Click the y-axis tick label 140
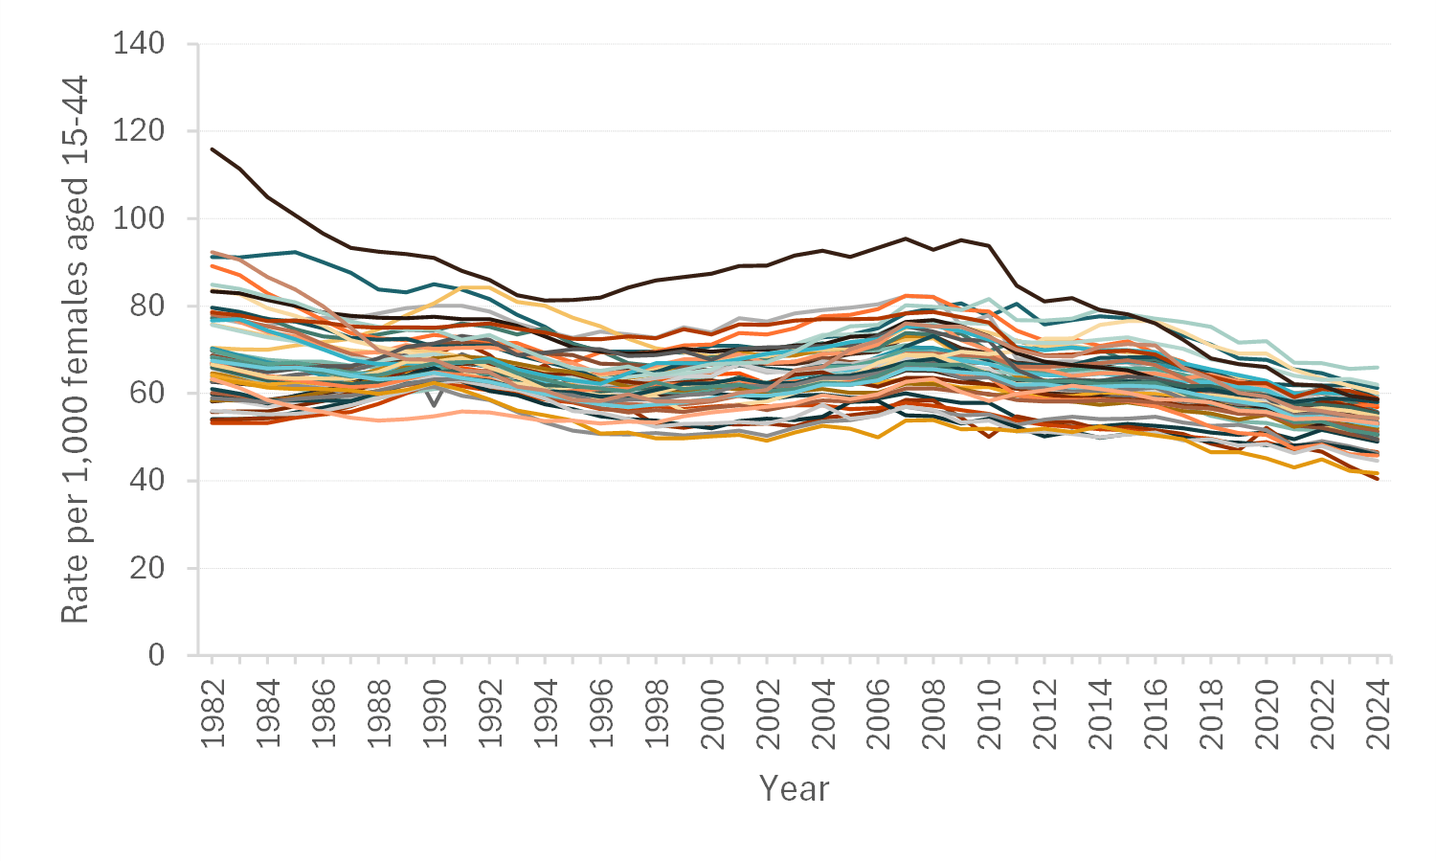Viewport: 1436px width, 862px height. pos(139,43)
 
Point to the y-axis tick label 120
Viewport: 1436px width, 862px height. pos(139,130)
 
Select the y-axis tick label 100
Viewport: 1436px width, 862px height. pos(139,218)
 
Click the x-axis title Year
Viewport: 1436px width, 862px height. pos(794,788)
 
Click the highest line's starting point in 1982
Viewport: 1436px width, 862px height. pos(213,148)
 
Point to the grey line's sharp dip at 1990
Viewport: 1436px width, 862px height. pos(434,405)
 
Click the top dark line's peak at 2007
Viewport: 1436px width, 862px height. pos(906,238)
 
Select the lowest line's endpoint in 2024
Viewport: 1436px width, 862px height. pos(1379,479)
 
